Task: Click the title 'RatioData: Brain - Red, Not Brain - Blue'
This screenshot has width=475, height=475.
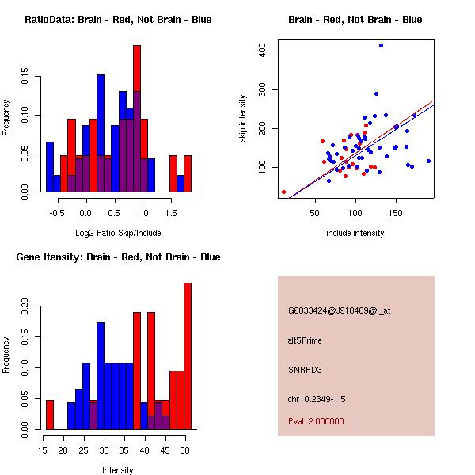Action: (x=118, y=20)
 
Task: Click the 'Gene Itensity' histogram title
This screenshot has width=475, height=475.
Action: (x=118, y=257)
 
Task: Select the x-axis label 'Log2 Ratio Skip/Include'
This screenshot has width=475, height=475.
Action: (x=118, y=233)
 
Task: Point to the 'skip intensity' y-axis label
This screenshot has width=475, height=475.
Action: (x=243, y=119)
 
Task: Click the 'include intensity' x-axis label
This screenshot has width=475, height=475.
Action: (x=355, y=233)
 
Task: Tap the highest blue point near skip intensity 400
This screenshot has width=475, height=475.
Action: (x=381, y=46)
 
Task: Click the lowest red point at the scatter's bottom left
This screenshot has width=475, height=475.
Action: (x=283, y=192)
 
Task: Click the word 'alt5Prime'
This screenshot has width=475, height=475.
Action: (x=305, y=340)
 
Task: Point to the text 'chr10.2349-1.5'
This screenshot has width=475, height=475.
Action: (x=317, y=398)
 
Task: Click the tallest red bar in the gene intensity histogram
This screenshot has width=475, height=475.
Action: (x=188, y=356)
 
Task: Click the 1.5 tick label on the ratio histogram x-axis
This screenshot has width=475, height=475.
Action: (x=170, y=212)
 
